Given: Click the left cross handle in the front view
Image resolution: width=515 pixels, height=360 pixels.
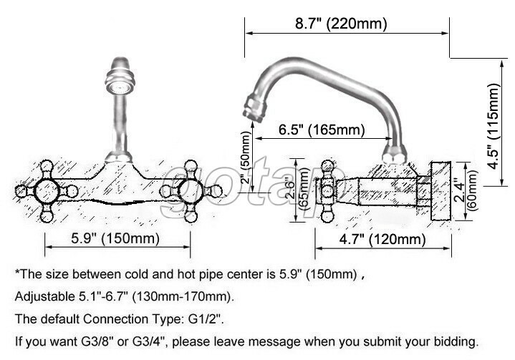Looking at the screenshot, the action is tap(47, 191).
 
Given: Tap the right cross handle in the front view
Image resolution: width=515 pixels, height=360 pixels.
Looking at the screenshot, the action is tap(191, 191).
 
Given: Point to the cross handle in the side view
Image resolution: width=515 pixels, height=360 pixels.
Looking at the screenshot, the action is tap(329, 190).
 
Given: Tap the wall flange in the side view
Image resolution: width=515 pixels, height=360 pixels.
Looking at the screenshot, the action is tap(440, 188).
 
